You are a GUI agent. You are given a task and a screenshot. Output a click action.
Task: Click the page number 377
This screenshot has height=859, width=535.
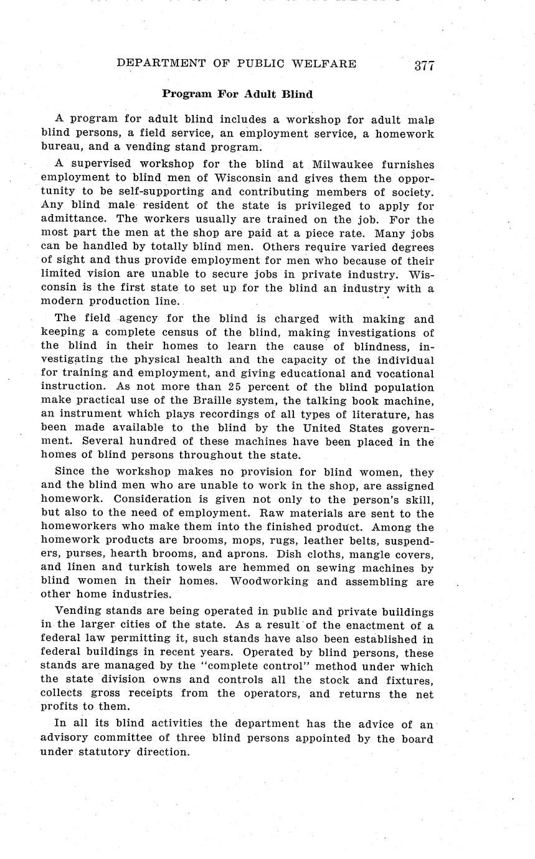click(x=424, y=65)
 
